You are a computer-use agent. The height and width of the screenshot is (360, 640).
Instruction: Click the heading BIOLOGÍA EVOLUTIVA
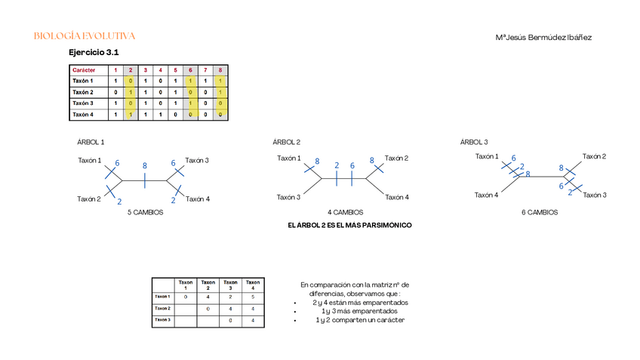85,36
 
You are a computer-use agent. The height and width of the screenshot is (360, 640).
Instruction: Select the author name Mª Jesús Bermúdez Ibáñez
543,37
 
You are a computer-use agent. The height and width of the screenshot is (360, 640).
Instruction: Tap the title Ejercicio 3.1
94,53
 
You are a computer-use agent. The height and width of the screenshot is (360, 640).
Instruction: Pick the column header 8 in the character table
220,69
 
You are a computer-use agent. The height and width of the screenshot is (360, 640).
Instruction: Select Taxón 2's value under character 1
115,92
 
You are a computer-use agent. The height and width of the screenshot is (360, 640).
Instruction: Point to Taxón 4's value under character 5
175,115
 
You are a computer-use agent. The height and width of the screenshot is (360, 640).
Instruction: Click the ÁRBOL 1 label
91,142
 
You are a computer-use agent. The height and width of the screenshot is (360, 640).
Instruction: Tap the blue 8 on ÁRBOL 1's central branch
144,165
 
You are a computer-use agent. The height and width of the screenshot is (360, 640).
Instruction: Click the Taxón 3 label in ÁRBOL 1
197,160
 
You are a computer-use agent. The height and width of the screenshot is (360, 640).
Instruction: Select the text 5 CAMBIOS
145,213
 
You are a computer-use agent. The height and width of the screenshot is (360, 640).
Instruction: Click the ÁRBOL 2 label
287,142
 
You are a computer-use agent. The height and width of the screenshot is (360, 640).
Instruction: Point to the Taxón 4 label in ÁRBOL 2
397,197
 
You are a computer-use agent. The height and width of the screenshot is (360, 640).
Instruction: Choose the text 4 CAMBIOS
346,213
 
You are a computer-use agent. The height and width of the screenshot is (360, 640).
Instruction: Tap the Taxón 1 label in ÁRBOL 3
487,156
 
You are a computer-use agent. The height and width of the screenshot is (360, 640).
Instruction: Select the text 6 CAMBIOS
540,213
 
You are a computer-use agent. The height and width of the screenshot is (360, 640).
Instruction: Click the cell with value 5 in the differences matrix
252,297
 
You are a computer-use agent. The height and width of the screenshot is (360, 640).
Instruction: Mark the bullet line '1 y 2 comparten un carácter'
359,320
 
